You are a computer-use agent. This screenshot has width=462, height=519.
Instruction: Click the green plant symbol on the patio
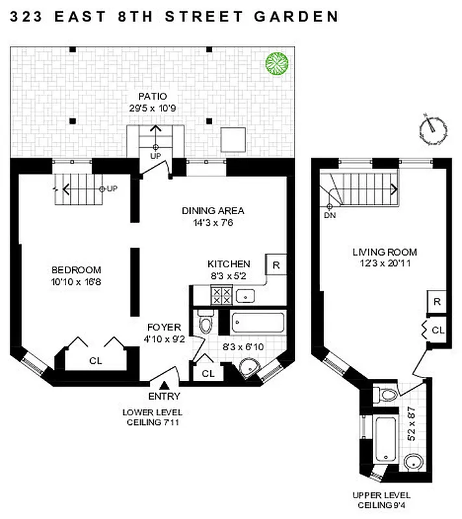pos(276,63)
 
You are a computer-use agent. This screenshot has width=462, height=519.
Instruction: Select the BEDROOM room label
pos(77,270)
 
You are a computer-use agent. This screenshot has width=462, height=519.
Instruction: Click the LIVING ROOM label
pos(384,252)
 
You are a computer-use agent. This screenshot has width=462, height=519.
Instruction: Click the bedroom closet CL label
pos(95,360)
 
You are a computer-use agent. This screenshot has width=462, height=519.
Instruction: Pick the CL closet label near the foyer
pos(208,373)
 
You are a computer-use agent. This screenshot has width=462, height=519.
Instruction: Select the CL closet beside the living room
pos(438,330)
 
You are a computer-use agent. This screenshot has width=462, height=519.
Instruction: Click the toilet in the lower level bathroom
pos(206,324)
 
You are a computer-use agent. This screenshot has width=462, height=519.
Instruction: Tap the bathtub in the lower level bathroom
pos(257,322)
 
